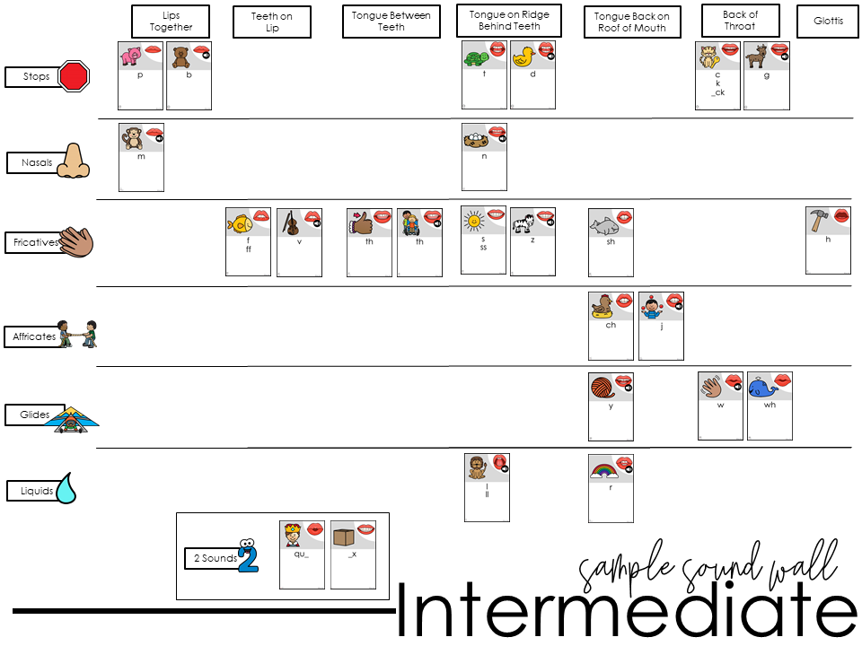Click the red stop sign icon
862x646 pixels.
tap(75, 76)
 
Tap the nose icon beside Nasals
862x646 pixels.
tap(74, 161)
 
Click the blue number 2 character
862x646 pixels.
tap(248, 556)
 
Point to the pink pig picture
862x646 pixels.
tap(131, 57)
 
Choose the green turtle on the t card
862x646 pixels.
tap(473, 58)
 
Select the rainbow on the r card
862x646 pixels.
tap(600, 469)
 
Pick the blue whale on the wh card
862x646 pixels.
tap(761, 388)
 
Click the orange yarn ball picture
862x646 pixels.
tap(601, 388)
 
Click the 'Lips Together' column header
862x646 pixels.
tap(171, 22)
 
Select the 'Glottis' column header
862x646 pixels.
tap(828, 21)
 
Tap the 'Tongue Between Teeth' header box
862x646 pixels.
tap(391, 22)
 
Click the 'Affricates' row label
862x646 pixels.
tap(34, 337)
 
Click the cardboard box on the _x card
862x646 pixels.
tap(341, 537)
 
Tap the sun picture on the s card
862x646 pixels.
tap(473, 221)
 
